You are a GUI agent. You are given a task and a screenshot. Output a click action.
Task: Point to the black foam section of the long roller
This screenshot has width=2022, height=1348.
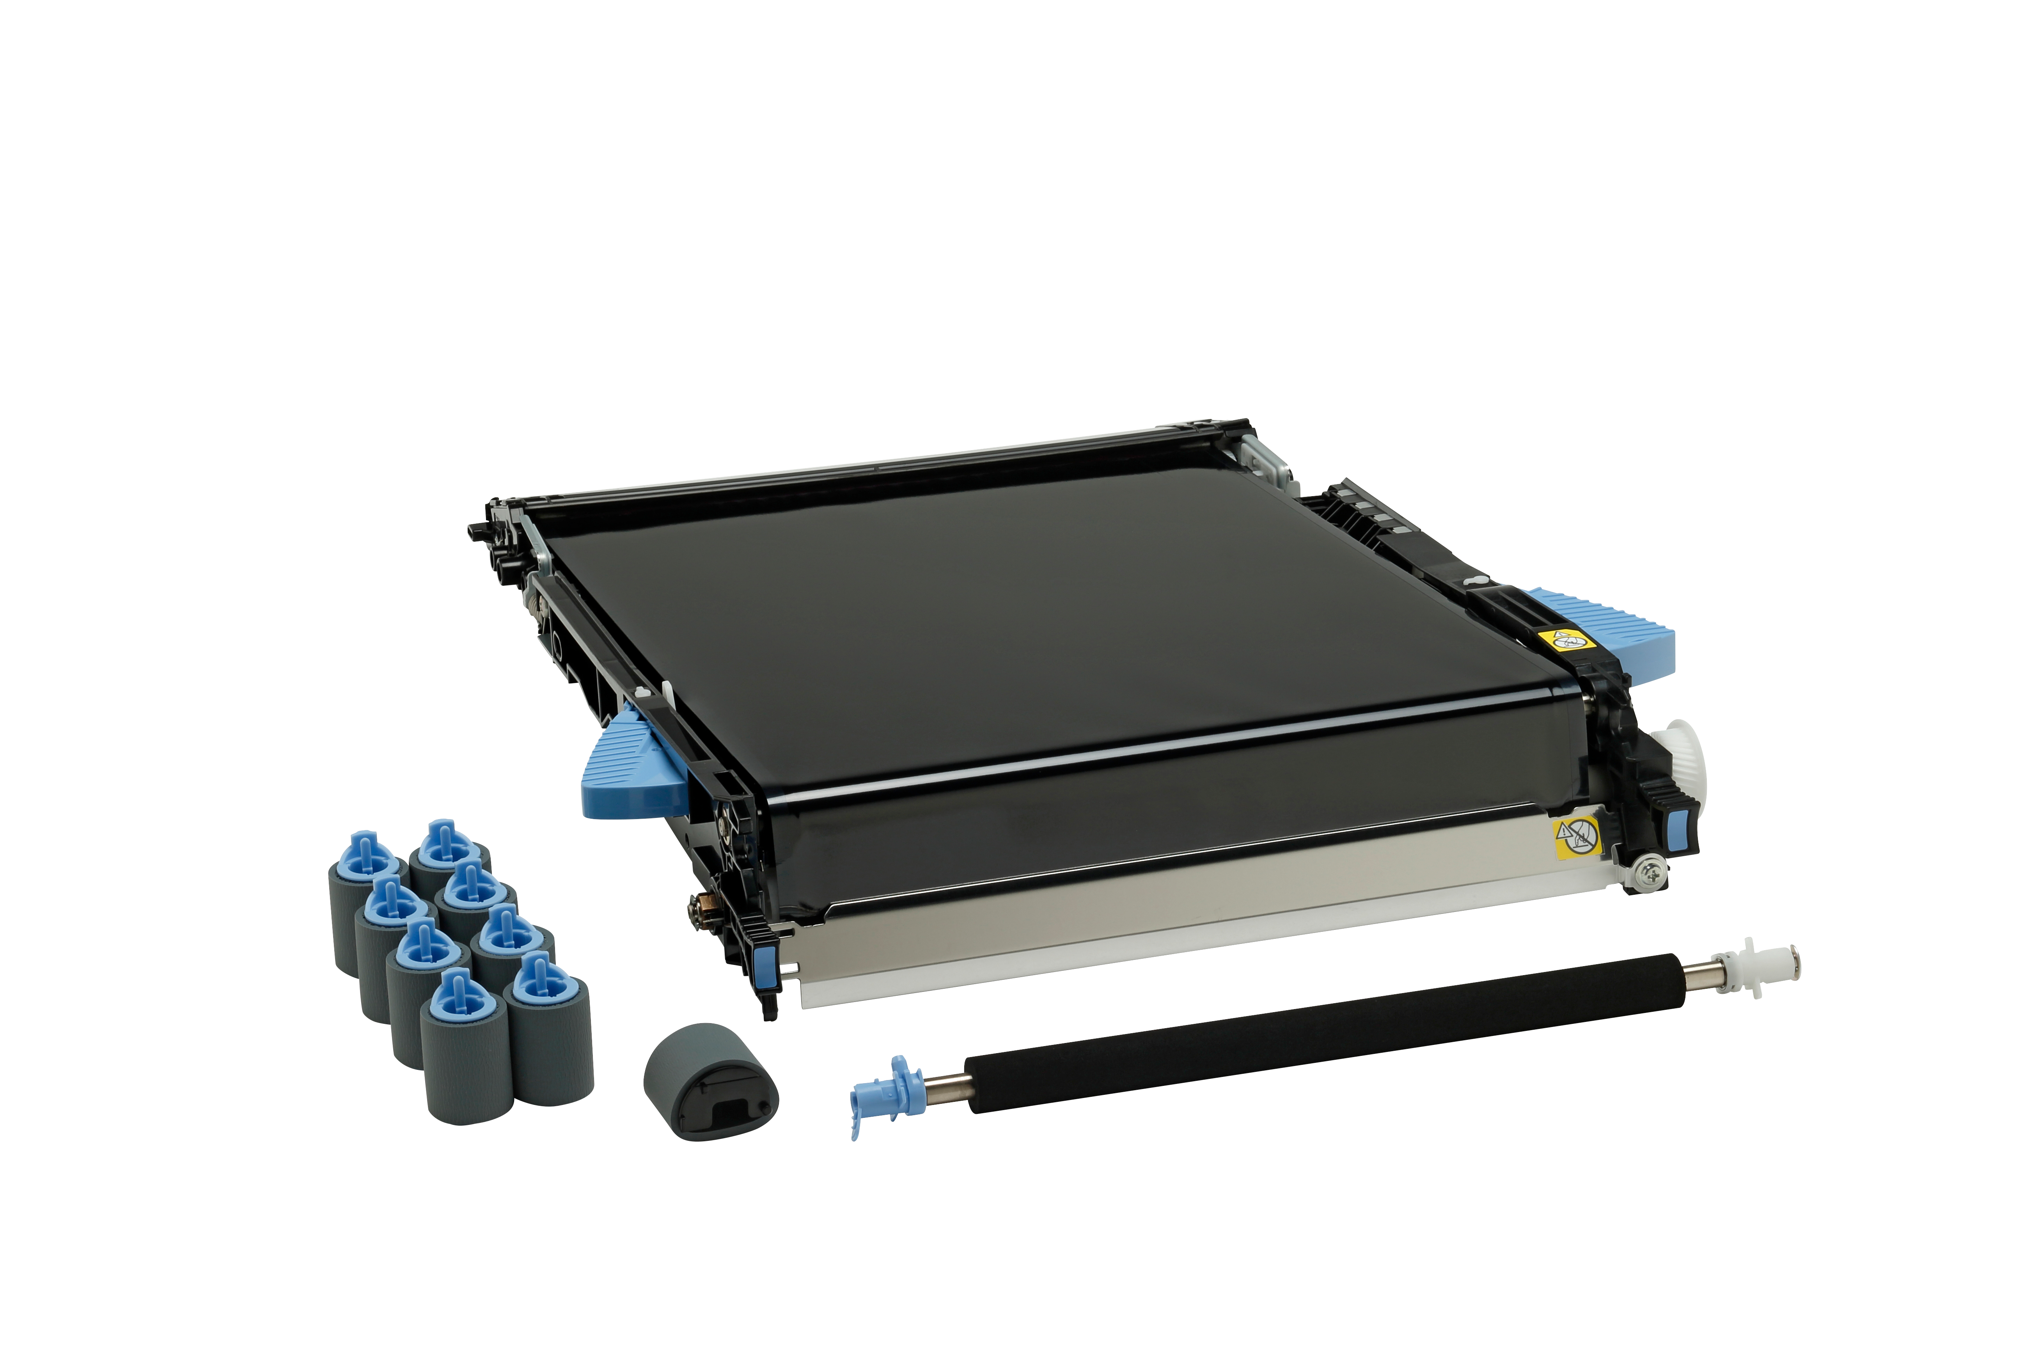pyautogui.click(x=1332, y=1032)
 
